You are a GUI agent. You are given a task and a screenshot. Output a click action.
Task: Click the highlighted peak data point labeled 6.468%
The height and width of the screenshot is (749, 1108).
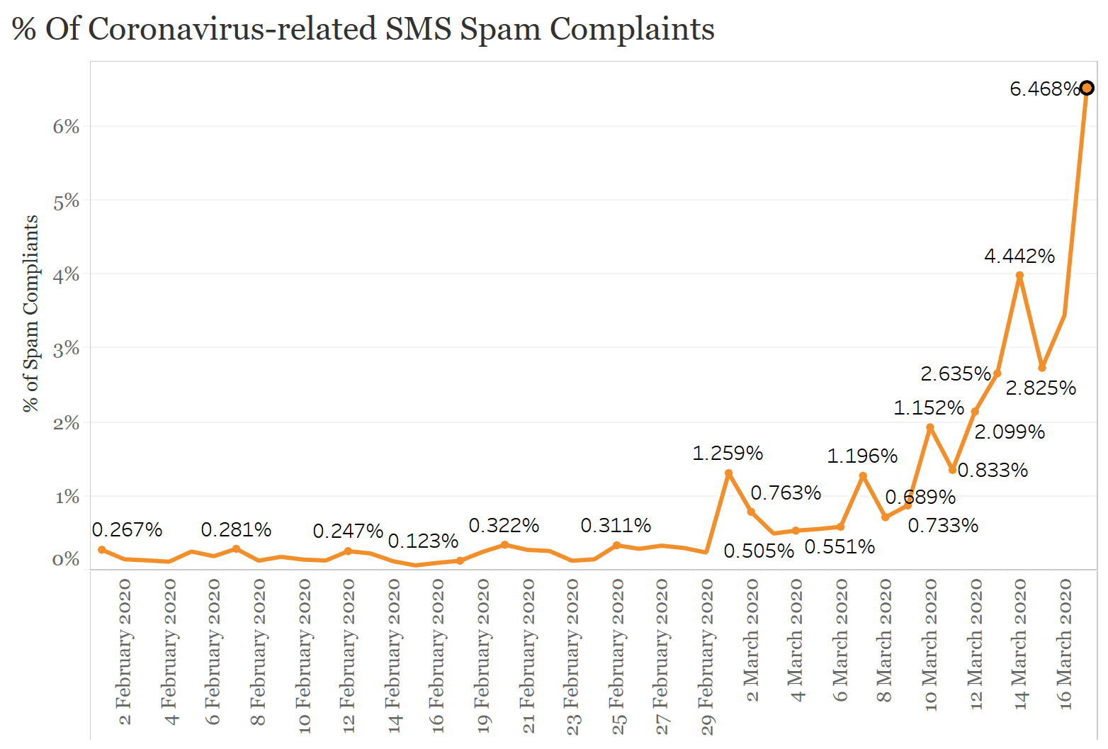pos(1087,89)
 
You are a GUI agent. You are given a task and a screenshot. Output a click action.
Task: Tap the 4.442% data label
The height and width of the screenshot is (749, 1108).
pos(1019,256)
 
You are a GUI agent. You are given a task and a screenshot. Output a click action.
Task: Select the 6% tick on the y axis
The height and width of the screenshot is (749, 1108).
pos(66,126)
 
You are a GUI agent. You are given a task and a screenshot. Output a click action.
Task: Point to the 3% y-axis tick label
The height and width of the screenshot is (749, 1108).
pos(66,348)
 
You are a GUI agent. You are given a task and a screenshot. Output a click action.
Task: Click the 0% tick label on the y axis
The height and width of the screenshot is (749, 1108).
pos(66,560)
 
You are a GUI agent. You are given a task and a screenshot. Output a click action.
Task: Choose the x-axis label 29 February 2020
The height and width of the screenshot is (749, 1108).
pos(707,656)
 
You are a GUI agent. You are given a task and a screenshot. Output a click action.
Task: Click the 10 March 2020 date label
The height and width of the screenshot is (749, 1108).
pos(930,644)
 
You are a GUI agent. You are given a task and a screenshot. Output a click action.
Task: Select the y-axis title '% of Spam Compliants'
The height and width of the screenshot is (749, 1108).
pos(30,313)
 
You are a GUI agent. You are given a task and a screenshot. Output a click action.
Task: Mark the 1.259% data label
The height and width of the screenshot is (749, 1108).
pos(727,453)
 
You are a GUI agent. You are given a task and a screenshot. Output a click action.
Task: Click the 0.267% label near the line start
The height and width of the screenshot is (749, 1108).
pos(127,529)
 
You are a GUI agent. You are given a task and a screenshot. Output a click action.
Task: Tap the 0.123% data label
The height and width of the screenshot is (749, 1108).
pos(423,541)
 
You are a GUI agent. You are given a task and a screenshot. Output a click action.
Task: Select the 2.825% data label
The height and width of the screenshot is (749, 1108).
pos(1040,388)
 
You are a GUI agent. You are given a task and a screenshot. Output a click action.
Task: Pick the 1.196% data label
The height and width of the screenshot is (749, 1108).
pos(861,456)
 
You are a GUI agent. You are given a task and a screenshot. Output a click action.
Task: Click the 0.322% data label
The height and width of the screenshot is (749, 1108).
pos(504,525)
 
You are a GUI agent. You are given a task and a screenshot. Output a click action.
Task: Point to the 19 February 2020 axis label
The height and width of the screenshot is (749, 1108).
pos(482,652)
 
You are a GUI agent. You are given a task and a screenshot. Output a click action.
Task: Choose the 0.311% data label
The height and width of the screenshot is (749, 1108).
pos(615,525)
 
